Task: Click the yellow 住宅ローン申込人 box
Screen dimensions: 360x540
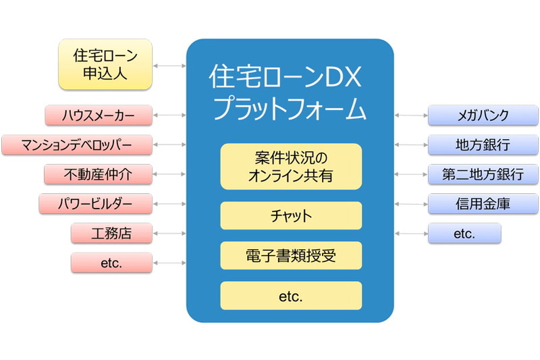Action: coord(105,64)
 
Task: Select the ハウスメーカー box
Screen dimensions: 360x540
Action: coord(99,115)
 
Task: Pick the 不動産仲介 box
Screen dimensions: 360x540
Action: coord(99,174)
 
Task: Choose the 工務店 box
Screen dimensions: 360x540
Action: coord(111,233)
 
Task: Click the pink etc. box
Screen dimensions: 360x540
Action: coord(111,263)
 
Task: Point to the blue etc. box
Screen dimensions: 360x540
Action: coord(464,233)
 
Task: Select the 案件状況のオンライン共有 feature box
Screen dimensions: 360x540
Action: coord(291,166)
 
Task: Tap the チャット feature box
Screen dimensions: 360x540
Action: coord(291,215)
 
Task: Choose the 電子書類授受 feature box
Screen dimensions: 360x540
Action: coord(291,255)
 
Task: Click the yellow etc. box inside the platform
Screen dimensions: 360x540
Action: coord(291,296)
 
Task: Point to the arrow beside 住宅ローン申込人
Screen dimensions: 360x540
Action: coord(169,66)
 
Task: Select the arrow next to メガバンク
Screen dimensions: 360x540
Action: coord(411,115)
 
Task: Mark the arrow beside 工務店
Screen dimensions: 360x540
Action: coord(169,233)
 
